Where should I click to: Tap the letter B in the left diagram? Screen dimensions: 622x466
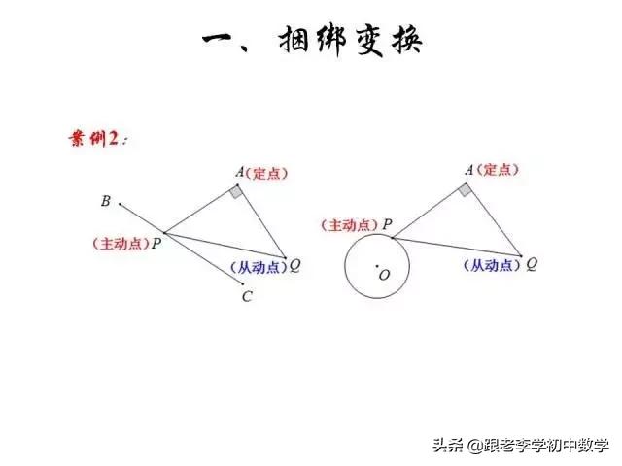(x=105, y=202)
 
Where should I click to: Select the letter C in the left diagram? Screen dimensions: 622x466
(x=247, y=297)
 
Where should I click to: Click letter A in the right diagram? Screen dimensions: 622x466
(x=468, y=170)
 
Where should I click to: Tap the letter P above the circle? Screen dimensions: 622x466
(x=387, y=225)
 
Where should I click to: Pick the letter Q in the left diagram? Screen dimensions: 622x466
(x=294, y=264)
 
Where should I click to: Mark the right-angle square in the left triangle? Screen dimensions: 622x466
(x=237, y=191)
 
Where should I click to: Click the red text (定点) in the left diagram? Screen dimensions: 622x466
(x=268, y=174)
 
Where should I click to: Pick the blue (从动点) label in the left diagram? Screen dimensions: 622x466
(x=259, y=266)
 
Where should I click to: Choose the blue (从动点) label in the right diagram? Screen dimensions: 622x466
(x=492, y=264)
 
